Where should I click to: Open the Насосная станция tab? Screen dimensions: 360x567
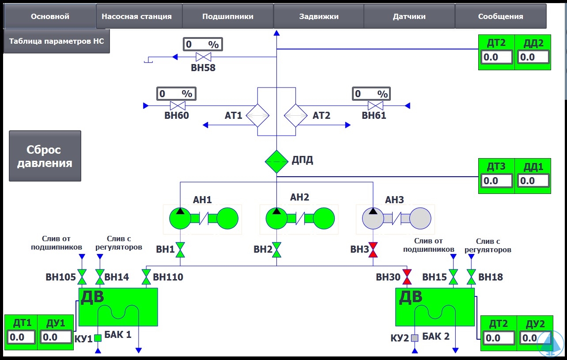[x=136, y=17]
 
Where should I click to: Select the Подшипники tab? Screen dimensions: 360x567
[x=228, y=17]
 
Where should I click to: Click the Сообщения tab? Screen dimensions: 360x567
[x=500, y=17]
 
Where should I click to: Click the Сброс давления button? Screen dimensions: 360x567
[x=45, y=156]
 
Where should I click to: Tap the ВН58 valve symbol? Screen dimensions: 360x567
[x=204, y=57]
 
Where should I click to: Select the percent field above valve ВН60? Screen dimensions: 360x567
[x=176, y=94]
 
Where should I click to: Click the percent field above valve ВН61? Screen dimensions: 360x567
[x=371, y=94]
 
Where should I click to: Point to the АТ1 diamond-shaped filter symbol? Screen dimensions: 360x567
[x=257, y=116]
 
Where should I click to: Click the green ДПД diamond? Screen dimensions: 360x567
[x=276, y=162]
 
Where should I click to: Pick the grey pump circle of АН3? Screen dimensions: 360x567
[x=373, y=218]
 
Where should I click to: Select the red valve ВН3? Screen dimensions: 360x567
[x=374, y=250]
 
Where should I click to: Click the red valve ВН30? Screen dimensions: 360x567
[x=407, y=277]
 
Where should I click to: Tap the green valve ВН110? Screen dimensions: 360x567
[x=146, y=277]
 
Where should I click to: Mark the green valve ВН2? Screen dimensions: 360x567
[x=277, y=250]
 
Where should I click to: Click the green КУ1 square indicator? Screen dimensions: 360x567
[x=98, y=338]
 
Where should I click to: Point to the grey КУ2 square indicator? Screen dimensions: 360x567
[x=415, y=338]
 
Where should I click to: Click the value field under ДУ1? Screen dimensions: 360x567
[x=56, y=337]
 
